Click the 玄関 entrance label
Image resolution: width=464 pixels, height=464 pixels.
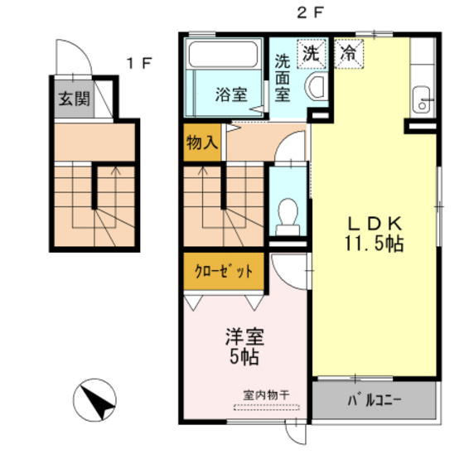[x=75, y=99]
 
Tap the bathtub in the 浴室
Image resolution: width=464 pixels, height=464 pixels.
[x=223, y=54]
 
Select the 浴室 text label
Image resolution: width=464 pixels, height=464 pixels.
[x=231, y=94]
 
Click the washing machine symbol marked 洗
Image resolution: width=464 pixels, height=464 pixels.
[x=312, y=54]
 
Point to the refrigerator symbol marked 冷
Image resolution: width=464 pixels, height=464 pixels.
[x=349, y=54]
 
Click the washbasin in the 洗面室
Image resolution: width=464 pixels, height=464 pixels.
[x=317, y=88]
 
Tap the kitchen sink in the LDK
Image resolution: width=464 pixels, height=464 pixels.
[x=422, y=99]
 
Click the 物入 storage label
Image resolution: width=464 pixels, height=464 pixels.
[x=202, y=143]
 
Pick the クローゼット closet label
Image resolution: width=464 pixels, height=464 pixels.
[x=224, y=271]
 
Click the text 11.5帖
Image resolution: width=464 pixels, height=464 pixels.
[x=374, y=244]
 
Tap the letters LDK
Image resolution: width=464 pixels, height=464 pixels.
[x=375, y=224]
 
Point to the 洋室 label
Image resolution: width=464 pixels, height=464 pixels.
[x=244, y=336]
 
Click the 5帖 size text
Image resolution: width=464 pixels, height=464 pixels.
[x=244, y=356]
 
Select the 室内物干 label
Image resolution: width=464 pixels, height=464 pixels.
[x=266, y=395]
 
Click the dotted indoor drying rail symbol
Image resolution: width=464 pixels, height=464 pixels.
[x=267, y=407]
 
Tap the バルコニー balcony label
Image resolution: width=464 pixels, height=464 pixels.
[x=375, y=401]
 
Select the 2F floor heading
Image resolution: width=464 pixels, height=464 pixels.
[x=311, y=13]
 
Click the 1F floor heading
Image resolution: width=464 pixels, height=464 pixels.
[x=139, y=63]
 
